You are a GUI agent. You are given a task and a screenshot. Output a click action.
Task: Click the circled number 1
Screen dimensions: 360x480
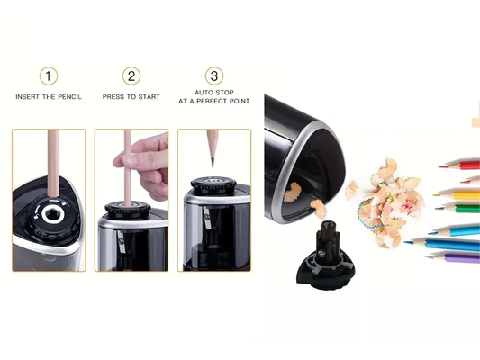click(50, 76)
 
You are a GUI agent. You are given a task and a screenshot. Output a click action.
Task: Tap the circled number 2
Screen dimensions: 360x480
click(131, 76)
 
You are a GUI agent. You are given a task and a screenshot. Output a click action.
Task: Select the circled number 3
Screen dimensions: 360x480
click(213, 76)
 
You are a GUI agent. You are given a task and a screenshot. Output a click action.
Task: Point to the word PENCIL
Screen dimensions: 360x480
click(70, 96)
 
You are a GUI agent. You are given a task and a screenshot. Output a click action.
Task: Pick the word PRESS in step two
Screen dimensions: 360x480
click(112, 96)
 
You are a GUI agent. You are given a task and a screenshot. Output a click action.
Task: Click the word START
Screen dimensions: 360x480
click(151, 96)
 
